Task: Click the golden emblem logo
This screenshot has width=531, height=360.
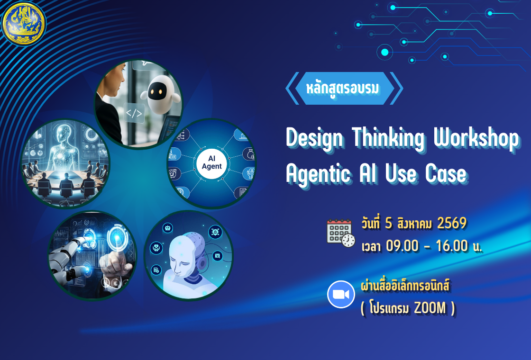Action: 24,23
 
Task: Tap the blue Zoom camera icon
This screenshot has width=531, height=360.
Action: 341,294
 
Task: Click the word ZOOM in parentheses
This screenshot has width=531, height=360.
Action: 430,308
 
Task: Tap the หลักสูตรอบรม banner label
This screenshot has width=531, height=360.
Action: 344,88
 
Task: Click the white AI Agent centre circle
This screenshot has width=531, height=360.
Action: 211,163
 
